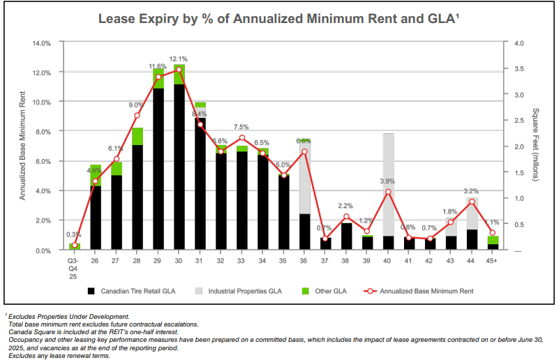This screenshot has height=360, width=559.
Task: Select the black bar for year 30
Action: [x=179, y=167]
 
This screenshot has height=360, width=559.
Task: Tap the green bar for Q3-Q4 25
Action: [x=75, y=246]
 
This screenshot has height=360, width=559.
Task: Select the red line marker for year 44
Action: [x=472, y=202]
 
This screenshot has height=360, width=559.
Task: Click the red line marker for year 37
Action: [x=326, y=239]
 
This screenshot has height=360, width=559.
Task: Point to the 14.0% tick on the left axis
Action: [x=41, y=43]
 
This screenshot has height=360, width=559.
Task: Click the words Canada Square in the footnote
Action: [x=31, y=332]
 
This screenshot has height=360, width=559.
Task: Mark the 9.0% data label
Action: [x=137, y=105]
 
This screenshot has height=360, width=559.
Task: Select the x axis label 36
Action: [x=305, y=262]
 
